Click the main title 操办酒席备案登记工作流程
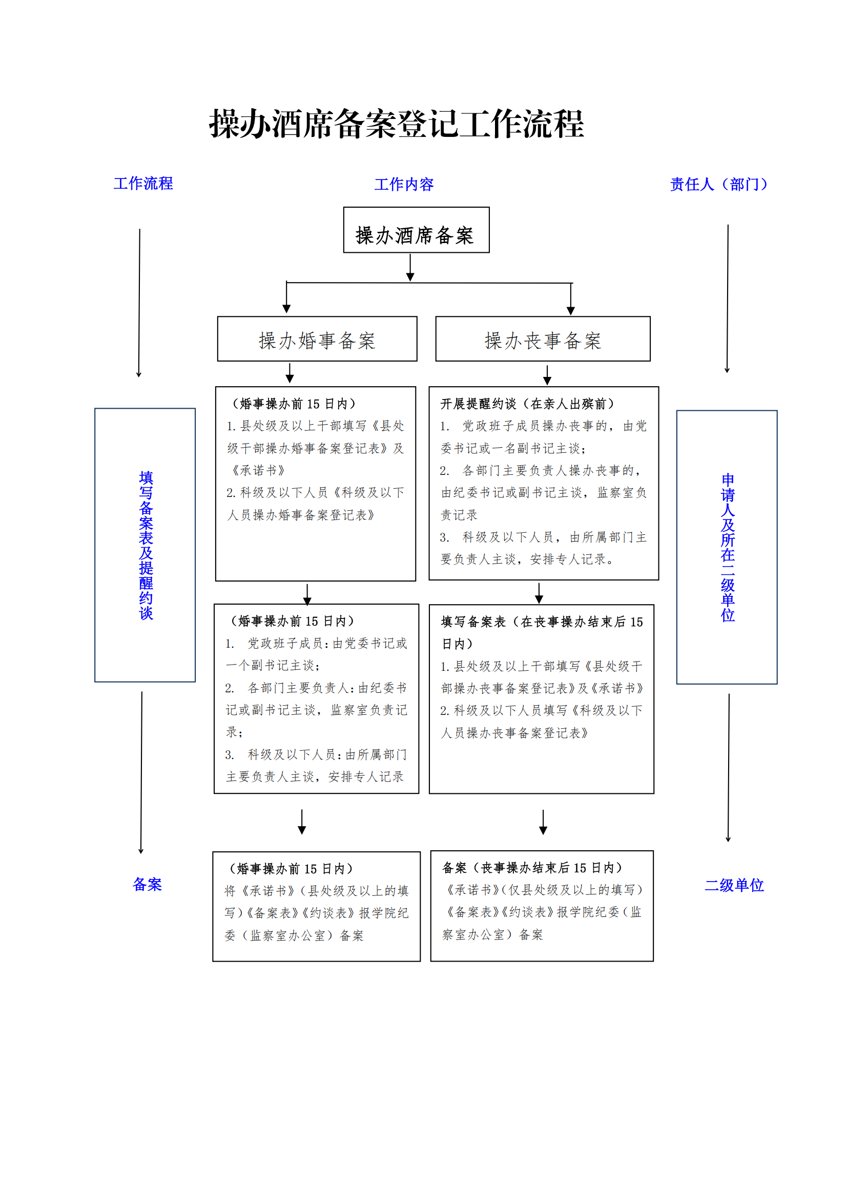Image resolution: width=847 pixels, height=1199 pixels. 397,124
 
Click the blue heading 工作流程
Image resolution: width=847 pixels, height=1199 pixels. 143,183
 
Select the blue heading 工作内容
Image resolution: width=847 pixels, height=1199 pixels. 404,184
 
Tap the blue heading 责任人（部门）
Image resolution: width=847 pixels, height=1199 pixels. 718,184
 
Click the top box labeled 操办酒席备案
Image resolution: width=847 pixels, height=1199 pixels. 417,230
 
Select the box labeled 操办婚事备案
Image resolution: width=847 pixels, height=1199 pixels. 317,338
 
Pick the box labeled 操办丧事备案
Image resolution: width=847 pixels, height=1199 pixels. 543,338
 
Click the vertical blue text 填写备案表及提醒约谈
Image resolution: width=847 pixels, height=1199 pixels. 146,545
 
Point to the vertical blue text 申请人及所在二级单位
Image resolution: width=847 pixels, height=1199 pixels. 728,547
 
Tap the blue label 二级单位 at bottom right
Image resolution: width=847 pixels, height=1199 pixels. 734,885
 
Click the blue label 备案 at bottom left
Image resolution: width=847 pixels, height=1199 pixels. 147,884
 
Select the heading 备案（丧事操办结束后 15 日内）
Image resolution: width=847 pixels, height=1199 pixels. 533,868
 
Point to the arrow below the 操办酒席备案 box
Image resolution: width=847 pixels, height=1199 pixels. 410,267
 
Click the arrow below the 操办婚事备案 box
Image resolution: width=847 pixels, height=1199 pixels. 290,372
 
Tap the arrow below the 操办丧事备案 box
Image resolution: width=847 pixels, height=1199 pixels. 547,374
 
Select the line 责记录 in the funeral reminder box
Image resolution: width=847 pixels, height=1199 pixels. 459,515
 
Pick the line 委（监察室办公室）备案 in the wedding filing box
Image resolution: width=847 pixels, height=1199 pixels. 294,936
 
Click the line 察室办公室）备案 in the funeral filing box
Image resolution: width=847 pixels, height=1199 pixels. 492,935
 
